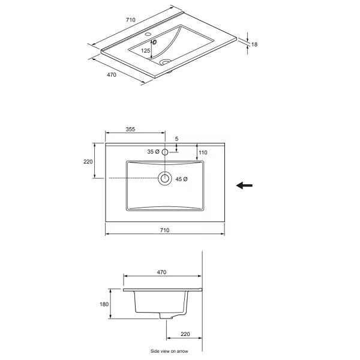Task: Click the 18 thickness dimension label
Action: (x=254, y=44)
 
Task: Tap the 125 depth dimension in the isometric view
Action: (x=146, y=50)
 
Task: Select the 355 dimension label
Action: (x=130, y=129)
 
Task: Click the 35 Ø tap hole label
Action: (x=153, y=152)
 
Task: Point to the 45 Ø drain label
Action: (x=181, y=179)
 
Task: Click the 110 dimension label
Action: (x=203, y=152)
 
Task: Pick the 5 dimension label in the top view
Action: (x=176, y=139)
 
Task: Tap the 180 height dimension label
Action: (x=104, y=304)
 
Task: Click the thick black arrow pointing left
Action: (x=245, y=185)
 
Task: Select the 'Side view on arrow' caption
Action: (x=169, y=351)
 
